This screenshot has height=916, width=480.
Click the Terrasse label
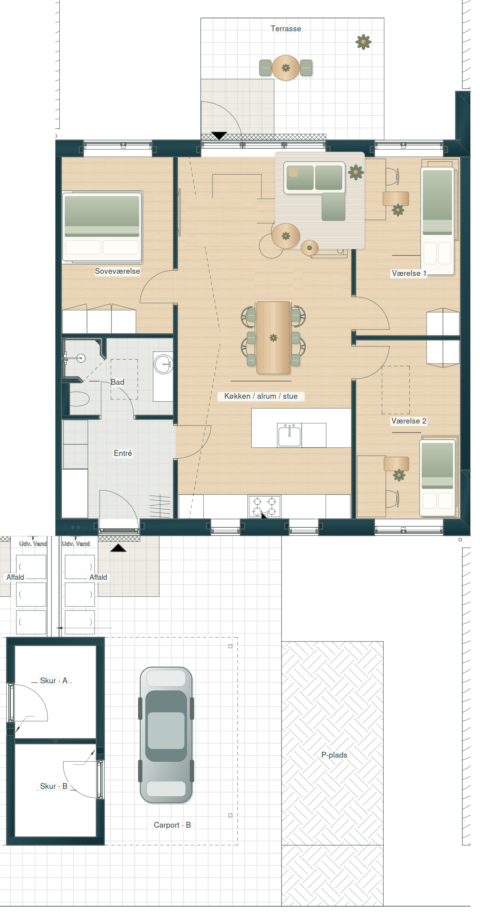click(286, 29)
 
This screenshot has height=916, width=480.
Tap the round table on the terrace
click(286, 68)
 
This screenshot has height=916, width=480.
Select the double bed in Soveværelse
click(102, 227)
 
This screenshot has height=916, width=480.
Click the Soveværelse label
click(117, 271)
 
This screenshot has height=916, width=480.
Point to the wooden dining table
click(273, 338)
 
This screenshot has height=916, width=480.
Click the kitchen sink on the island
click(289, 435)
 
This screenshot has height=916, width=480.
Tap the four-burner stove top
click(265, 506)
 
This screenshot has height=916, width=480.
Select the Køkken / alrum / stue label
click(261, 396)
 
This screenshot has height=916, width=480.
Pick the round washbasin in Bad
click(164, 364)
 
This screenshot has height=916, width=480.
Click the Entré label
click(123, 453)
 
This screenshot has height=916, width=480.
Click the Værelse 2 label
click(409, 421)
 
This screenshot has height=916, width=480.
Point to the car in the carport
click(166, 735)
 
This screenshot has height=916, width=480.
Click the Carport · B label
click(172, 825)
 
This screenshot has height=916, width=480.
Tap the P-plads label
click(334, 755)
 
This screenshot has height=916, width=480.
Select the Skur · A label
click(54, 681)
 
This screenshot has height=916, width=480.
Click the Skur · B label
click(54, 786)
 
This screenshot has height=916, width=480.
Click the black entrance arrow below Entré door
click(118, 548)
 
